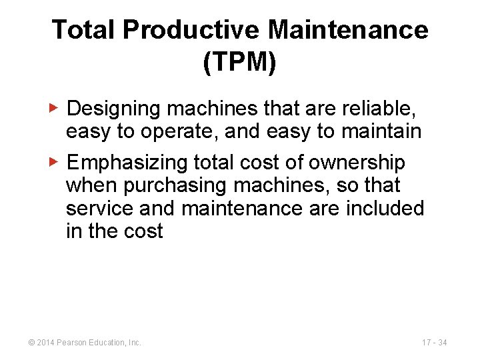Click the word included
click(385, 208)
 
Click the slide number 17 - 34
click(434, 343)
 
